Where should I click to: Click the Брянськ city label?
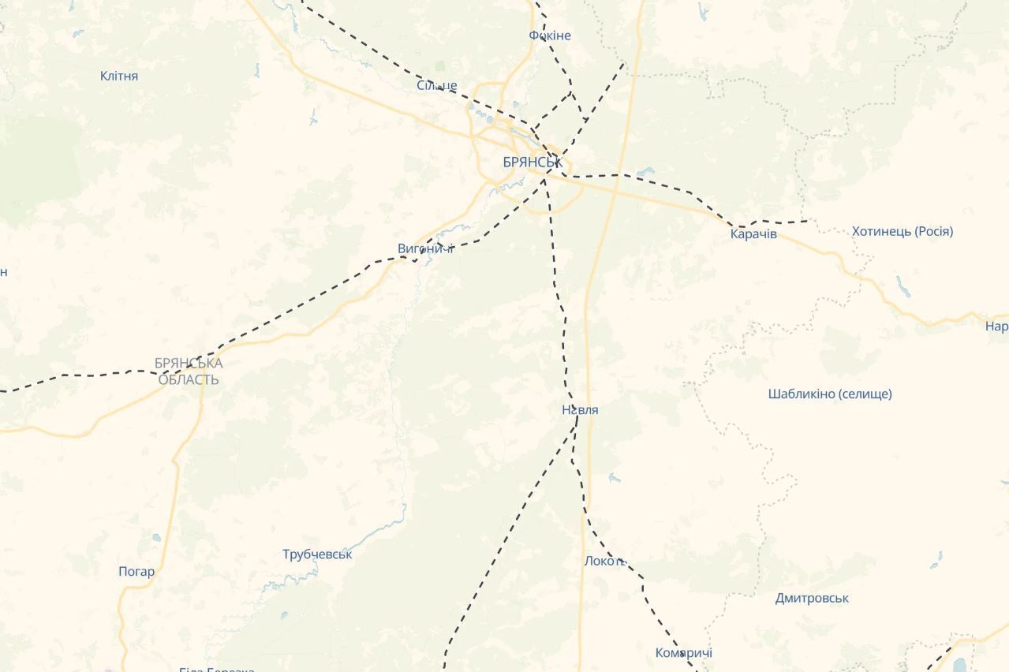(x=533, y=162)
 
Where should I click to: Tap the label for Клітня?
(x=119, y=76)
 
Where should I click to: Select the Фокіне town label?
(x=550, y=35)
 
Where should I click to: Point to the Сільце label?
(x=437, y=85)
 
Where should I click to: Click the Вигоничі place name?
(x=426, y=248)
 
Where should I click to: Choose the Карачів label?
(x=753, y=233)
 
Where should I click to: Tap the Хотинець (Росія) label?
(x=902, y=231)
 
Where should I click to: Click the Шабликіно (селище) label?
(x=830, y=394)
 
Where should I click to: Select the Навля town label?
(x=580, y=409)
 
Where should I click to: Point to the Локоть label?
(x=605, y=561)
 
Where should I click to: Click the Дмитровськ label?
(x=812, y=598)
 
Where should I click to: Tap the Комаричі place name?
(x=684, y=653)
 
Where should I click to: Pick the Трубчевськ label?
(x=317, y=554)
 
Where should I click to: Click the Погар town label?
(x=136, y=571)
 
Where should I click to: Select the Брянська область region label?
(x=189, y=371)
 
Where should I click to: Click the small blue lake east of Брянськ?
(x=646, y=170)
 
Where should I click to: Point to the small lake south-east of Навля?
(x=614, y=478)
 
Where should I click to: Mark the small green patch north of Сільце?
(x=439, y=66)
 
